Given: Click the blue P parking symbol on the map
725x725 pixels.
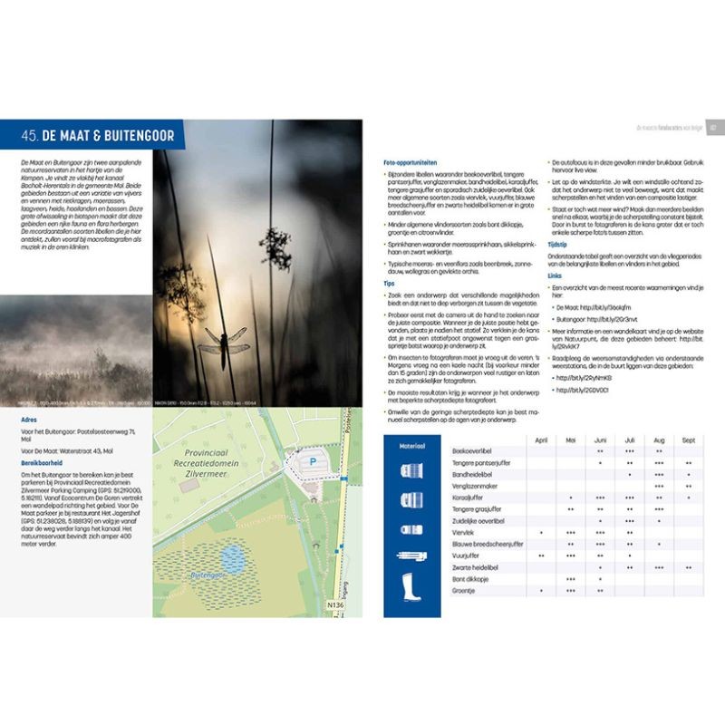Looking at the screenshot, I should [x=313, y=460].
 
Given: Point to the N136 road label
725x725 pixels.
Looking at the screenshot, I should [x=335, y=605].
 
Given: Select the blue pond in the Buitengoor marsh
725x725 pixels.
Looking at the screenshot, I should [x=233, y=559].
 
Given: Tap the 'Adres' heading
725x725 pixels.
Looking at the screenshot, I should [x=29, y=420].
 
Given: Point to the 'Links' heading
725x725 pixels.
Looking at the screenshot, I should [x=556, y=274].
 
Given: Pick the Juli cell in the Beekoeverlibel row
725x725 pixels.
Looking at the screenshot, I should [x=629, y=450].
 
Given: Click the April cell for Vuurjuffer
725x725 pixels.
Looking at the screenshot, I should [x=541, y=556].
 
